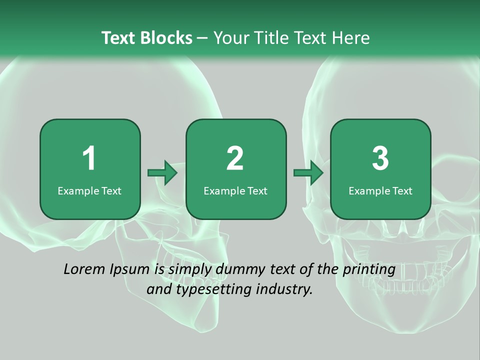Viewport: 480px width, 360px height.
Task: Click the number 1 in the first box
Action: tap(89, 158)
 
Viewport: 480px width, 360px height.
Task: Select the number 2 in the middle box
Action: tap(235, 158)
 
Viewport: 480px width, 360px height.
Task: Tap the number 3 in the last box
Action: tap(380, 158)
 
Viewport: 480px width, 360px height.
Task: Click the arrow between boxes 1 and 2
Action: tap(163, 173)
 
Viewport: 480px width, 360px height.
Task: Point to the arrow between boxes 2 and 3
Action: tap(308, 173)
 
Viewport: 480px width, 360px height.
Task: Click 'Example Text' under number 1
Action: tap(89, 191)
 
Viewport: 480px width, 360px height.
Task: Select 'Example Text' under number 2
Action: tap(235, 191)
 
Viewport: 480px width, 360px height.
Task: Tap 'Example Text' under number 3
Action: tap(380, 191)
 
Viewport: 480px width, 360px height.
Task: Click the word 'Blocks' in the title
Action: tap(166, 38)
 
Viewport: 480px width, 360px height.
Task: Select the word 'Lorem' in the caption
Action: tap(84, 269)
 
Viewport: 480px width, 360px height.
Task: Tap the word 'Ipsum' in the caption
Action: tap(129, 270)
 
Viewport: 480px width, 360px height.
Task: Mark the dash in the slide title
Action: tap(202, 38)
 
